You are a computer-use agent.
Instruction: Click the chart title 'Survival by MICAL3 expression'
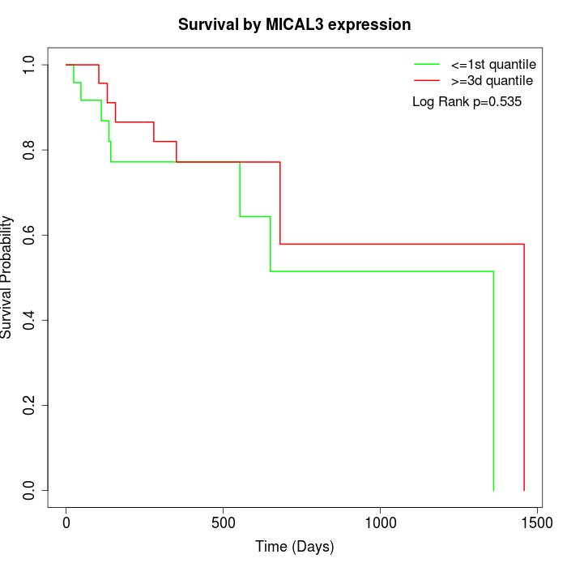(x=294, y=25)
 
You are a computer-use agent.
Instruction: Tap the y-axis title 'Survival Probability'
(x=7, y=277)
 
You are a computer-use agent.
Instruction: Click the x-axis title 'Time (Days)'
(x=294, y=547)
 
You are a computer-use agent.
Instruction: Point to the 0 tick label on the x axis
(x=66, y=524)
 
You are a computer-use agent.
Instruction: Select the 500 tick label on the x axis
(x=224, y=524)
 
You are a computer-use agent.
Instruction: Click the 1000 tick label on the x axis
(x=380, y=524)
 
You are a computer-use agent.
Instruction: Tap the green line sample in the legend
(x=426, y=64)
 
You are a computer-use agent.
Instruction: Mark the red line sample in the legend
(x=426, y=81)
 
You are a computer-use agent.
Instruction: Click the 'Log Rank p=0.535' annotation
(x=467, y=102)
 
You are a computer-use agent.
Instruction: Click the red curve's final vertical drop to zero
(x=524, y=364)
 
